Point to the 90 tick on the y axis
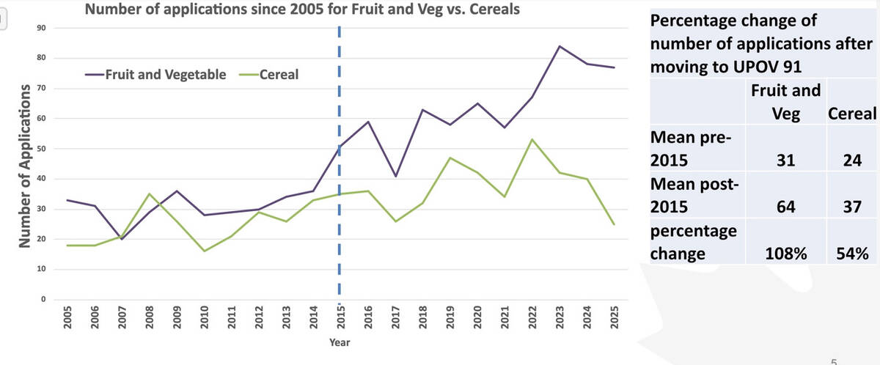point(42,28)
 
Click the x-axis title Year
point(339,342)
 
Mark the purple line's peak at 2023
point(560,46)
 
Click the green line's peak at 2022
point(532,139)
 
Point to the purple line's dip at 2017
point(395,176)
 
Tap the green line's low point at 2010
point(204,251)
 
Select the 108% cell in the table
point(786,254)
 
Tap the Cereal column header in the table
point(851,114)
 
